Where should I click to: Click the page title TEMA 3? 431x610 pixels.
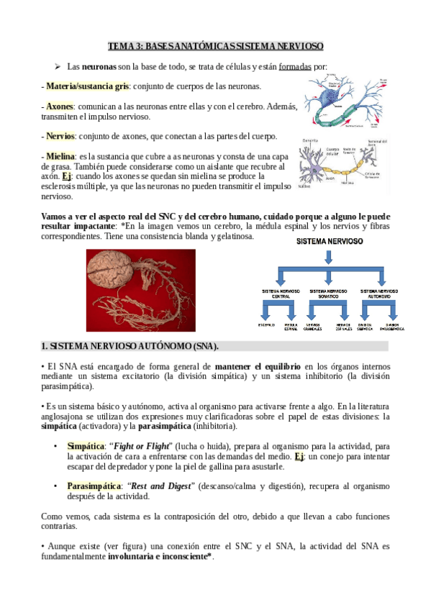click(215, 46)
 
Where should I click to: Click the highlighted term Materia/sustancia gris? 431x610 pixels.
click(88, 86)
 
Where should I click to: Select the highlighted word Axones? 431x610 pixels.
click(60, 106)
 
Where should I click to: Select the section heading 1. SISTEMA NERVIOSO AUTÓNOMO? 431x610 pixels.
click(130, 346)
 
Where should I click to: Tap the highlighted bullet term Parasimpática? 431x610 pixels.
click(93, 486)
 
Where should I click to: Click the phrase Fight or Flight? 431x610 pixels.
click(155, 446)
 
